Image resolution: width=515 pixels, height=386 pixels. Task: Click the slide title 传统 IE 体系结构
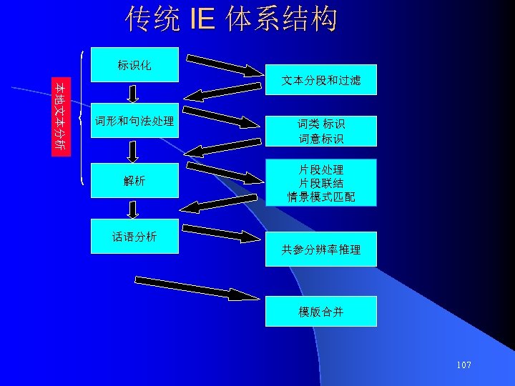click(x=231, y=20)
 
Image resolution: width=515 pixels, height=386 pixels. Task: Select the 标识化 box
click(x=134, y=66)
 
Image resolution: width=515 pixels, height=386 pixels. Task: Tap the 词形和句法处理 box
click(x=134, y=122)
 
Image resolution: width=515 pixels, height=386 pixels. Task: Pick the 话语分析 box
click(x=134, y=237)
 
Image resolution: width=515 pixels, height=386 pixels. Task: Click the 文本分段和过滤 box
click(x=320, y=82)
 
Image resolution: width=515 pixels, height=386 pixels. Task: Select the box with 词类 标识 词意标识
click(x=320, y=130)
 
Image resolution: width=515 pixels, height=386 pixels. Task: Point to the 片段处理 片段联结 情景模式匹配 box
click(x=320, y=183)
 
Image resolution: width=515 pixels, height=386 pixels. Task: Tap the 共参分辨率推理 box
click(x=320, y=249)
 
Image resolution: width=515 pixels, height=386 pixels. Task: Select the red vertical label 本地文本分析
click(x=62, y=117)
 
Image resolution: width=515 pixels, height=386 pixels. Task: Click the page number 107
click(x=463, y=365)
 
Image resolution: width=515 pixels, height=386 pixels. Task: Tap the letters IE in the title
click(x=202, y=20)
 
